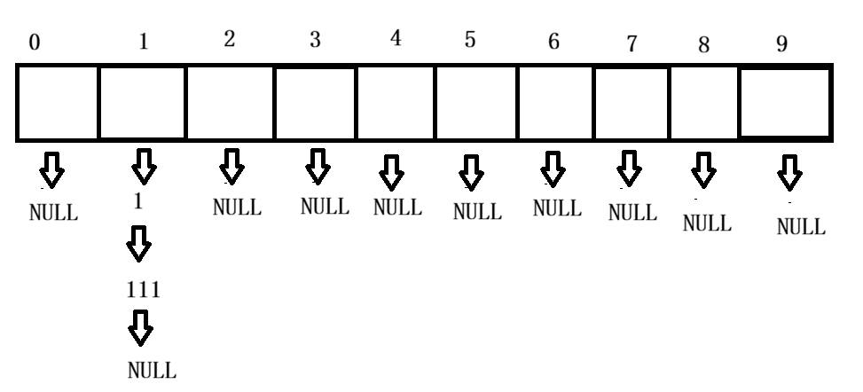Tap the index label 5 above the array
click(x=472, y=43)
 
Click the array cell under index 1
click(x=143, y=102)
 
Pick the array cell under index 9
click(x=784, y=102)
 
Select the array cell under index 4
click(x=396, y=102)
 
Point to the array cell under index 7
click(x=632, y=102)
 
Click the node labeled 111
click(x=143, y=290)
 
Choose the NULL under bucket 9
click(x=801, y=227)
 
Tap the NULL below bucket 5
click(x=477, y=213)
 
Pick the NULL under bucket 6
click(x=556, y=208)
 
